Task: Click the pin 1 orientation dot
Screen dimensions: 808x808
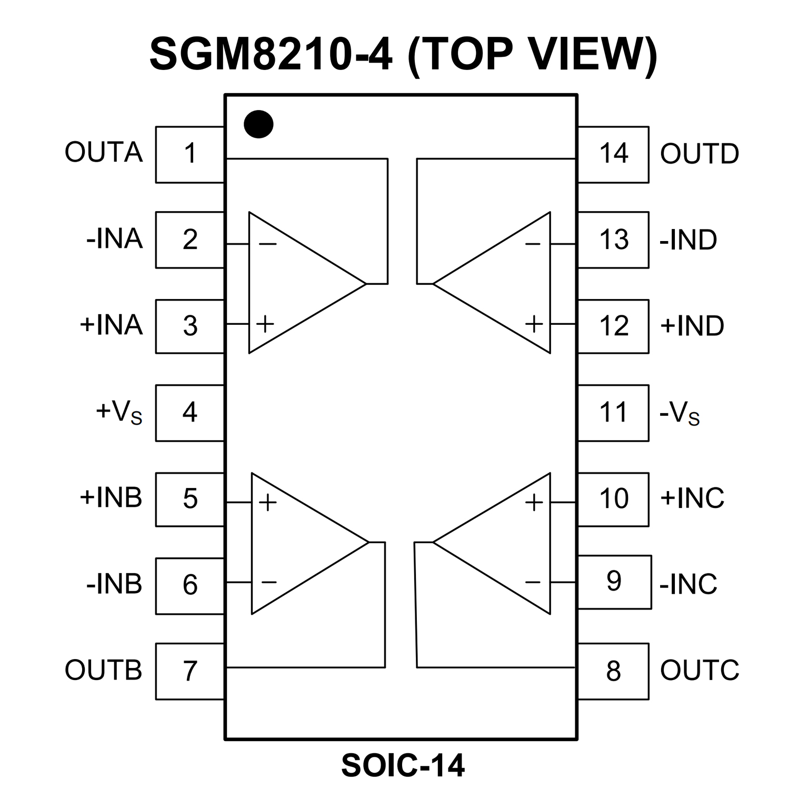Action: [258, 124]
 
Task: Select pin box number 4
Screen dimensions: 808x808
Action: [190, 413]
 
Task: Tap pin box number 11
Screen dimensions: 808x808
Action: [613, 413]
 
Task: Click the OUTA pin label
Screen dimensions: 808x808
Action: [104, 152]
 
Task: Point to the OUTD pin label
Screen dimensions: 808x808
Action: [700, 154]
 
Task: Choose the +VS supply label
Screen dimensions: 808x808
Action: [119, 412]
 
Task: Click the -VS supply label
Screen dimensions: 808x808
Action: [680, 414]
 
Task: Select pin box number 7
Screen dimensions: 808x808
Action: [190, 671]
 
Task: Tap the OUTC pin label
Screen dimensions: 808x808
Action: [700, 670]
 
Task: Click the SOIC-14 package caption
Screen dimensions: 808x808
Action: [403, 765]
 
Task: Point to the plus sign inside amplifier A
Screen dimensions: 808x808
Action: [265, 324]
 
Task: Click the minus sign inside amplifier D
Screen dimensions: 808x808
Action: [533, 244]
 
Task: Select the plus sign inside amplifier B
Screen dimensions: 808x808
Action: [267, 502]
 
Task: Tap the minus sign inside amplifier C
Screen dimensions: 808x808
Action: [533, 582]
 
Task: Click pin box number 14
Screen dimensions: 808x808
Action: [613, 154]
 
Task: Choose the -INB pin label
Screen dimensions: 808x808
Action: [114, 584]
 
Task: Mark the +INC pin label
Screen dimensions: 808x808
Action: [692, 497]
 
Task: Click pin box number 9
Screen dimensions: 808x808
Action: [614, 582]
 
